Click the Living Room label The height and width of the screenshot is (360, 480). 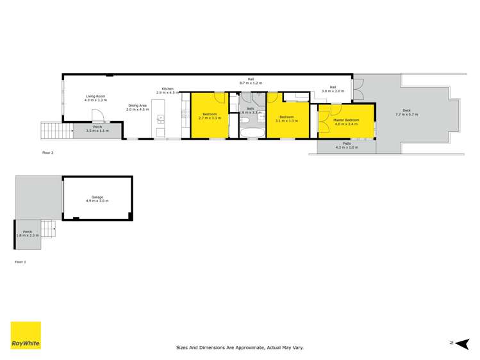(x=96, y=97)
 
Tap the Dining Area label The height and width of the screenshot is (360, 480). (x=137, y=105)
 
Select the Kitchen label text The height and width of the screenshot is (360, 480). (x=167, y=88)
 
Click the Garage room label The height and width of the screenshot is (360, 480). (x=97, y=197)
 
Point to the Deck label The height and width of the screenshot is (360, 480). (x=406, y=110)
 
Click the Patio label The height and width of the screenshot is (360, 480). (x=347, y=143)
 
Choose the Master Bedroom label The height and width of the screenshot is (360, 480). (x=346, y=119)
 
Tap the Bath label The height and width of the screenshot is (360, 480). (x=250, y=109)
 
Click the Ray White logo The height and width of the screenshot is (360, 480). (x=26, y=336)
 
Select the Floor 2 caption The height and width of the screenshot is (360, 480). (x=48, y=153)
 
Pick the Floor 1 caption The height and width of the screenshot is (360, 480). (x=21, y=262)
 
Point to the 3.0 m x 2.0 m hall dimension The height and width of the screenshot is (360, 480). (x=333, y=91)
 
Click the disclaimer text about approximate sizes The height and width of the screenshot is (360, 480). (x=240, y=347)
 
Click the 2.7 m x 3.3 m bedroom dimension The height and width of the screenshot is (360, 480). (x=210, y=119)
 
